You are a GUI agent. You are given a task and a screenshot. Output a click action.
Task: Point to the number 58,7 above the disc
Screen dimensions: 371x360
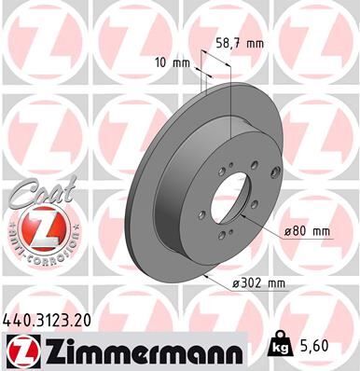(232, 42)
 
